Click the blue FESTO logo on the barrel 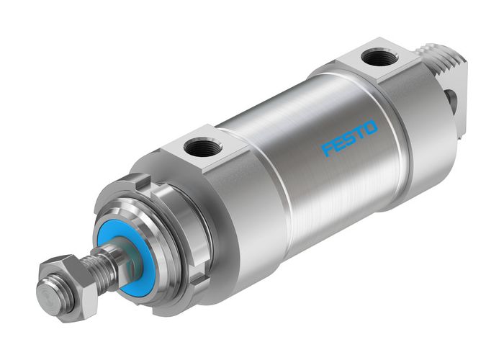(349, 138)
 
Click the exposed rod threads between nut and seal (101, 265)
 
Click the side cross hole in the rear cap (451, 102)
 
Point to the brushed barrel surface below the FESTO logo (338, 194)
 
